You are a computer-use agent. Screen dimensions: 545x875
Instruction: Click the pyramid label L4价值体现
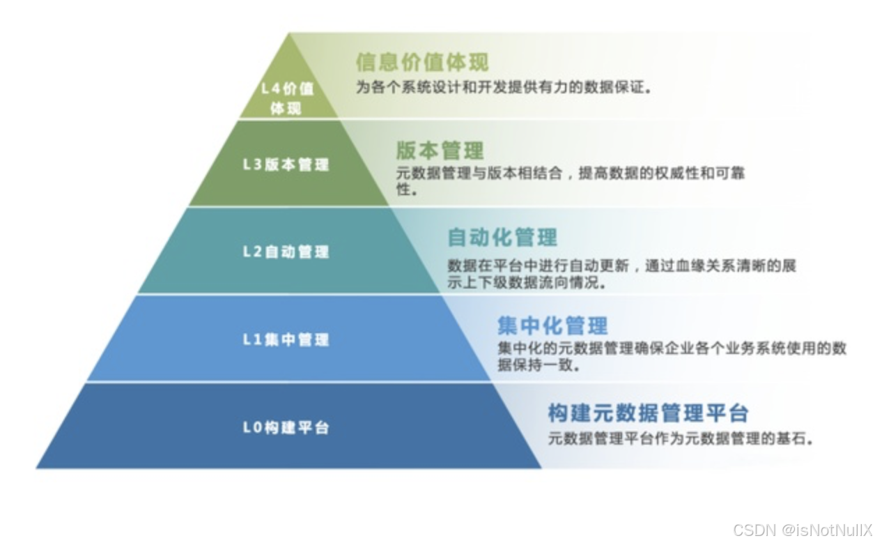click(x=286, y=98)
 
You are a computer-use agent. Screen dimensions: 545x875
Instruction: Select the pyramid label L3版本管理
click(x=286, y=165)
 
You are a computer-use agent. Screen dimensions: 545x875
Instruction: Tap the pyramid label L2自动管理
click(x=286, y=252)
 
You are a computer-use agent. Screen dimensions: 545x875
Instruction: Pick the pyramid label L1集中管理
click(x=286, y=340)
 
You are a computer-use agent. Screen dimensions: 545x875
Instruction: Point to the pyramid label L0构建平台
click(x=286, y=427)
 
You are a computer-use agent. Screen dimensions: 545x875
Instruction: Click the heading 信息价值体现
click(x=422, y=62)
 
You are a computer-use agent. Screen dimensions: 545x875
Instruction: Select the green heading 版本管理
click(x=440, y=151)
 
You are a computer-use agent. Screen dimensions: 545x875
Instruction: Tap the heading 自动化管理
click(x=502, y=238)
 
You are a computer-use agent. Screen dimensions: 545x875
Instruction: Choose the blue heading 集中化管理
click(x=552, y=325)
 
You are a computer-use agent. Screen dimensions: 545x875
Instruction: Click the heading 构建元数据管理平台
click(x=648, y=413)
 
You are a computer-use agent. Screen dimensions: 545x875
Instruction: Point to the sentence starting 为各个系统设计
click(x=504, y=89)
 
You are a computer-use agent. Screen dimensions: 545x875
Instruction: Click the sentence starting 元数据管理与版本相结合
click(x=570, y=174)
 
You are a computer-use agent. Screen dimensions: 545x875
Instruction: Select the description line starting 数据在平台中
click(x=621, y=266)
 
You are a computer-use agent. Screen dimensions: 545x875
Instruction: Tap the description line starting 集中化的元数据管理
click(x=672, y=348)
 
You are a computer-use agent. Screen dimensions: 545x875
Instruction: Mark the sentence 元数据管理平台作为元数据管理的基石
click(x=681, y=439)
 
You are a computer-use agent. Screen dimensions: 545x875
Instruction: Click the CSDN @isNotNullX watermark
click(x=802, y=530)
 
